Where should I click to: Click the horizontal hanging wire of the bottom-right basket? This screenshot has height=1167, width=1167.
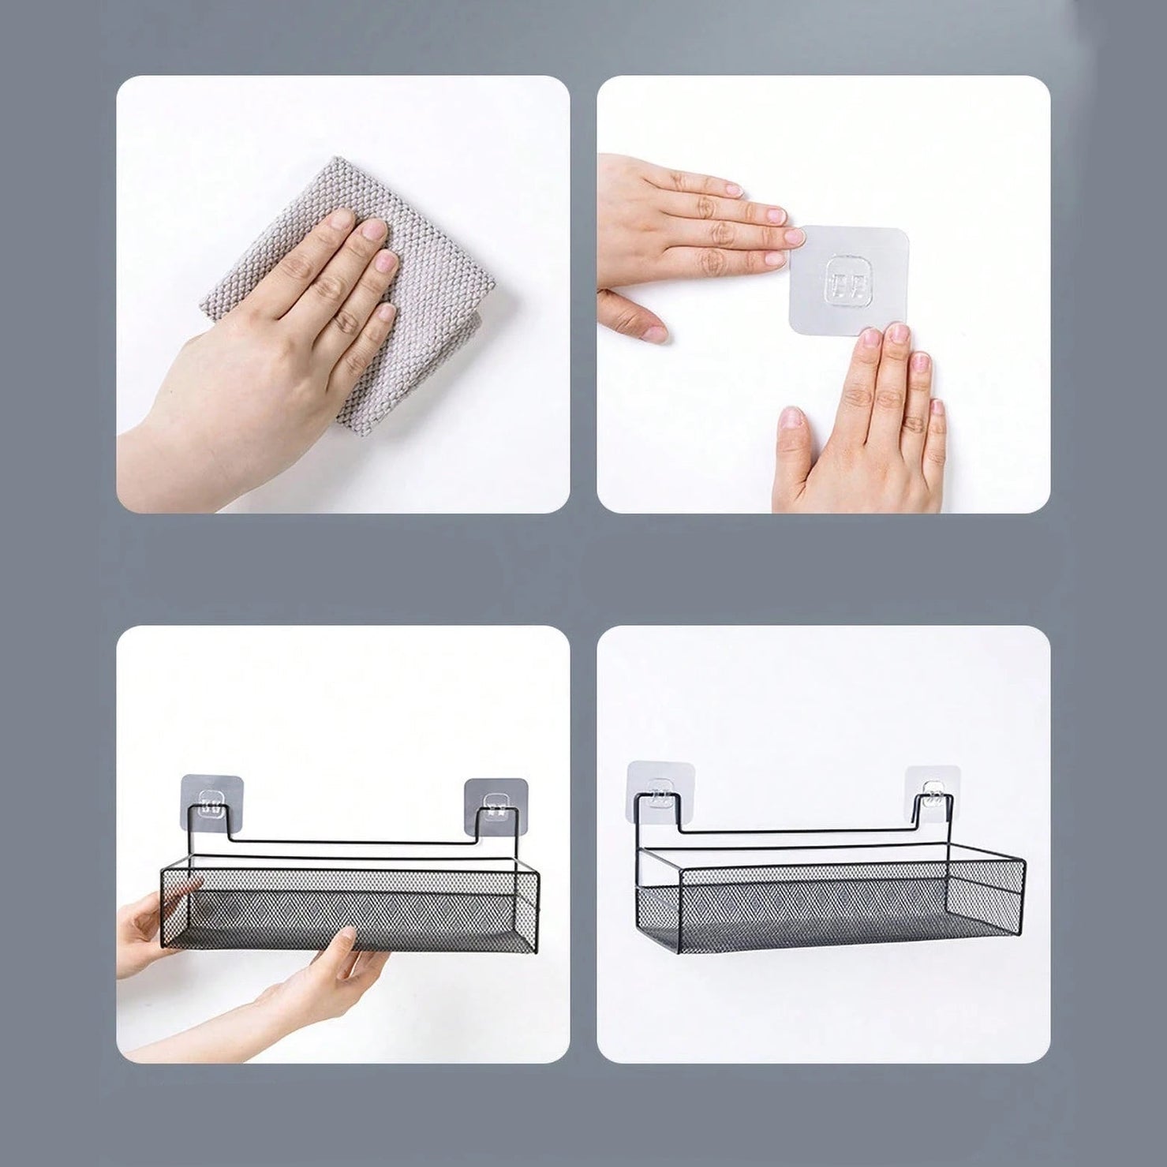(797, 831)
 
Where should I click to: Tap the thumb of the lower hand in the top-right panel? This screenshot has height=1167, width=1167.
(793, 430)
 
